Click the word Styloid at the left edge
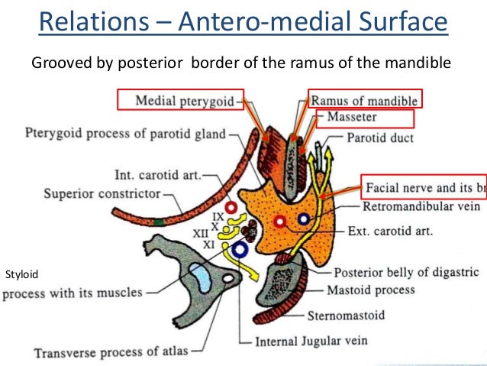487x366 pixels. click(x=21, y=273)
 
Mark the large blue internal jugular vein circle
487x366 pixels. click(x=242, y=250)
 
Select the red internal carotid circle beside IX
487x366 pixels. click(x=230, y=206)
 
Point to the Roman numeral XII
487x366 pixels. click(x=201, y=234)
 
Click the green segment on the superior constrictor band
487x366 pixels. click(x=157, y=222)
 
